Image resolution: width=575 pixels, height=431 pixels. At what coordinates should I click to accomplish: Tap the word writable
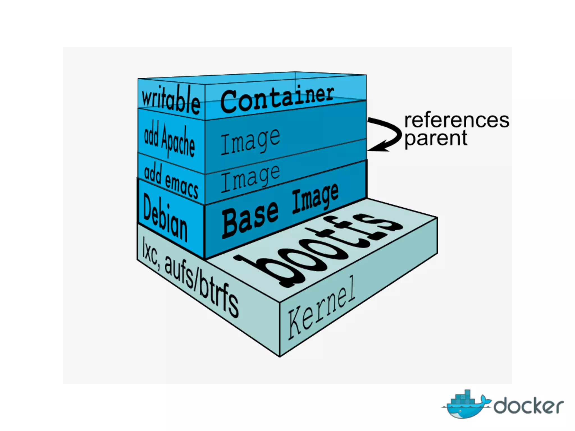[171, 100]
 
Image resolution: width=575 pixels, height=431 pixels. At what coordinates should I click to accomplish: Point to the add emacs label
[171, 181]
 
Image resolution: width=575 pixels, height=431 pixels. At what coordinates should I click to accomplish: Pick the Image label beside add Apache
[250, 142]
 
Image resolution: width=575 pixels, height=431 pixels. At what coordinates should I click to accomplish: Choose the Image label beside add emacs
[250, 178]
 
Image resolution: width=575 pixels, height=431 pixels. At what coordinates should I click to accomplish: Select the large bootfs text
[317, 250]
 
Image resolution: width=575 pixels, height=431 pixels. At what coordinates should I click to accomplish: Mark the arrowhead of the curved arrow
[375, 148]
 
